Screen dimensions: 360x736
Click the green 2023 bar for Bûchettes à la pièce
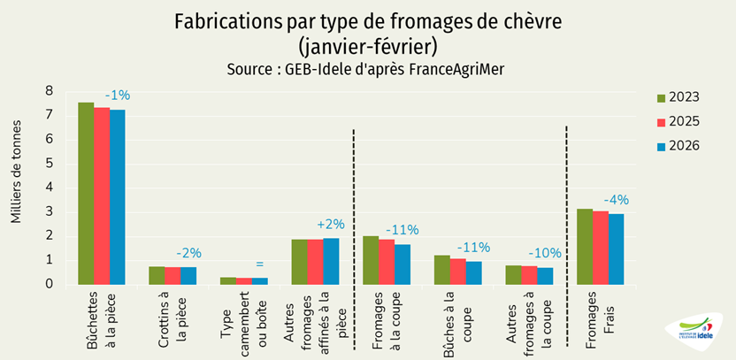(x=86, y=194)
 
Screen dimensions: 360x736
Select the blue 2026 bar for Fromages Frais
(x=616, y=249)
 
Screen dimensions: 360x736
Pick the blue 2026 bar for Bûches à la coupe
(x=473, y=272)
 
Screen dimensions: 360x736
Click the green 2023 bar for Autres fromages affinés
(x=299, y=262)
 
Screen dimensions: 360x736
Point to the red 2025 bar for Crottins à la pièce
(x=172, y=275)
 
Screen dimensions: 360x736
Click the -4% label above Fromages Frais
(x=616, y=200)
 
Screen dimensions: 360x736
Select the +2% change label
(x=330, y=224)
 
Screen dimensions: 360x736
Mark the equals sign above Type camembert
(x=259, y=264)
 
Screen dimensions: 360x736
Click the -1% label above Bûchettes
(x=117, y=95)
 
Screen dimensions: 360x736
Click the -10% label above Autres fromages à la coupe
(x=544, y=253)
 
